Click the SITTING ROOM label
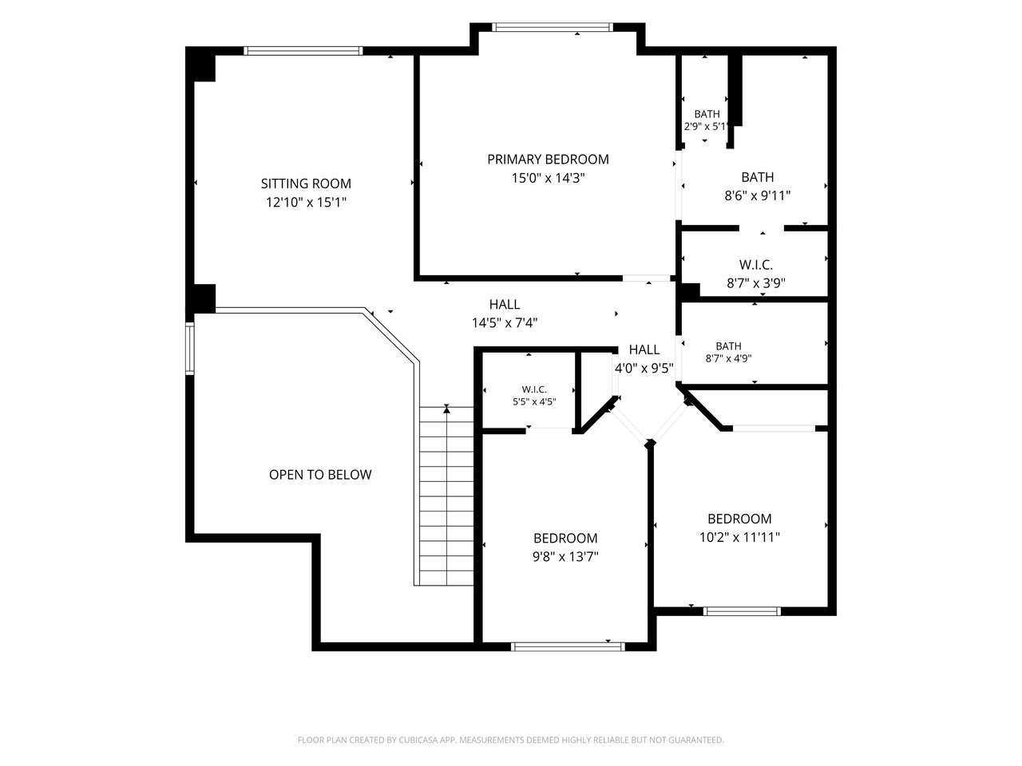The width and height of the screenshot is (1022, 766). click(x=306, y=184)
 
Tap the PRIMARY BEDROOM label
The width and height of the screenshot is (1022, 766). click(x=548, y=160)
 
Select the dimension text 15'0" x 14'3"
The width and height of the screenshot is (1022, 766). click(x=548, y=178)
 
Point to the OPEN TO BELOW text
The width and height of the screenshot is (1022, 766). click(x=320, y=475)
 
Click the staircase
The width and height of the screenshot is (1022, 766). click(x=446, y=496)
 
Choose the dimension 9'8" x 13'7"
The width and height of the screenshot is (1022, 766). click(x=565, y=557)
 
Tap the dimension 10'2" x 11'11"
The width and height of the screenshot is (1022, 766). click(x=739, y=537)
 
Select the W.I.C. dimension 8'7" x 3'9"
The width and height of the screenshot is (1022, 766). click(x=756, y=282)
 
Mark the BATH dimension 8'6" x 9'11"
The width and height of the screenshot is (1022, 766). click(x=758, y=195)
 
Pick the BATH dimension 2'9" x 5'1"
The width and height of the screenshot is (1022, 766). click(x=706, y=127)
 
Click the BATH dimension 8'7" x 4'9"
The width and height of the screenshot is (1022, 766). click(x=729, y=358)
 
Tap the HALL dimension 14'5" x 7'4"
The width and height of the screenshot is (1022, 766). click(x=505, y=322)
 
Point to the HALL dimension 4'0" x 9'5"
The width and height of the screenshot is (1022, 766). click(x=644, y=369)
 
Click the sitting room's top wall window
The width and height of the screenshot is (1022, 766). click(x=303, y=51)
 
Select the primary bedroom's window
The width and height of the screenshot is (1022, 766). click(x=553, y=27)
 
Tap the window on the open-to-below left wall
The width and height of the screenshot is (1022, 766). click(x=189, y=349)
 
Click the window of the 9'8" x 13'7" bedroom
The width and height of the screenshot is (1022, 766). click(x=568, y=646)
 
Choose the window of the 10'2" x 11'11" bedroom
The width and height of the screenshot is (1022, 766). click(x=742, y=611)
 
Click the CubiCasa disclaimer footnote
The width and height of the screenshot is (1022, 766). click(x=511, y=740)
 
